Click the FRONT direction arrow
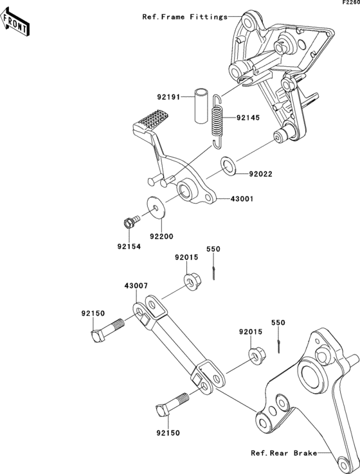click(x=15, y=22)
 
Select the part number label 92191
click(x=168, y=98)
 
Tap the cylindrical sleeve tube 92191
click(x=201, y=105)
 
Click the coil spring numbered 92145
click(x=217, y=121)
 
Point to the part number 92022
click(x=260, y=174)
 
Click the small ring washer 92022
click(x=229, y=166)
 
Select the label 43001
click(x=242, y=199)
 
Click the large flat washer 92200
click(x=156, y=207)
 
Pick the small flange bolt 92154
click(x=131, y=222)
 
